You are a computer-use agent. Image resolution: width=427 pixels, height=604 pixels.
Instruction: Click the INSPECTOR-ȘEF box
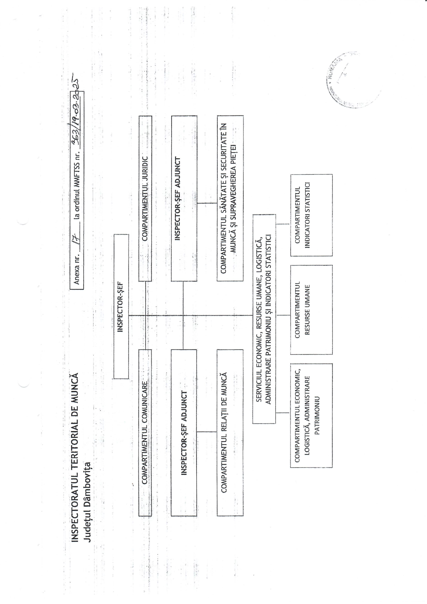(x=121, y=306)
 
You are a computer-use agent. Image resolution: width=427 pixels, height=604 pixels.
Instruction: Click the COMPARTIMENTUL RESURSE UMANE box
(x=311, y=310)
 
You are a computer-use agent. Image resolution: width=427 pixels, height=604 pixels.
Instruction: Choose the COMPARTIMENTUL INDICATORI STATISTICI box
(x=311, y=215)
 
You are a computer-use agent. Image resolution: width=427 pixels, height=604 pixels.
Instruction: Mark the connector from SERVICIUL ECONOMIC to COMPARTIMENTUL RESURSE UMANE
(x=283, y=315)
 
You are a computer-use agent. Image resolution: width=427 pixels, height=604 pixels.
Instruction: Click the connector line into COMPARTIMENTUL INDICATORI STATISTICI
(x=283, y=224)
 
